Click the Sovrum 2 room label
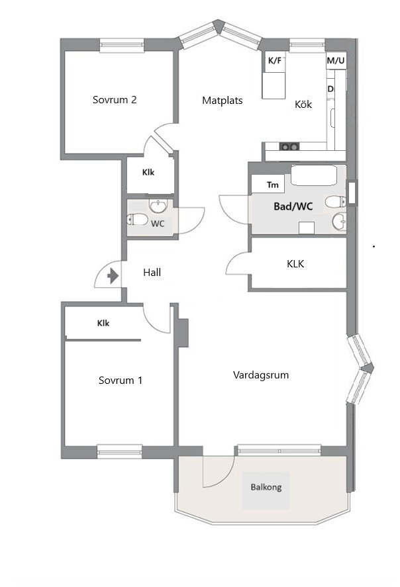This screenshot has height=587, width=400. coord(115,99)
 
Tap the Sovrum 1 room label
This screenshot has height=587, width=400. coord(121,381)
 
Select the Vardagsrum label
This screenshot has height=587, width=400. coord(261,375)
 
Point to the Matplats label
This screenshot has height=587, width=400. coord(222,101)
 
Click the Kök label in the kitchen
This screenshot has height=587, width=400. coord(303,104)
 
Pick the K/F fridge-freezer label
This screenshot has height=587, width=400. coord(275,60)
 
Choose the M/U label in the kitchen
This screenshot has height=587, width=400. coord(336,60)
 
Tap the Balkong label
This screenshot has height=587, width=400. coord(266,488)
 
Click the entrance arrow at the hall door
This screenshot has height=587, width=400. coord(113,277)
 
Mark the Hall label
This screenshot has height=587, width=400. coord(152,273)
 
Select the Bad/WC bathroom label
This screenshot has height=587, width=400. coord(293,206)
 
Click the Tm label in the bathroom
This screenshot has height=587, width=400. coord(273,185)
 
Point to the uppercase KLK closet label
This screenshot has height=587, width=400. coord(295,264)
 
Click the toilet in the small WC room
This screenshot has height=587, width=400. coord(137,219)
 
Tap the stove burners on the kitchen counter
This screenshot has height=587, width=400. coord(290,147)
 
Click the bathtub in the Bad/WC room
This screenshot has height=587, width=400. coord(314,175)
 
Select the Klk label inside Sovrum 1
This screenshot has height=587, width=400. coord(103,323)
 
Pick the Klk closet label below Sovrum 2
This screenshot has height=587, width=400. coord(148,173)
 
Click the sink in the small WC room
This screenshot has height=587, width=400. coord(159,206)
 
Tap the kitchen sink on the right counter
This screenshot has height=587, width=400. coord(332,118)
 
